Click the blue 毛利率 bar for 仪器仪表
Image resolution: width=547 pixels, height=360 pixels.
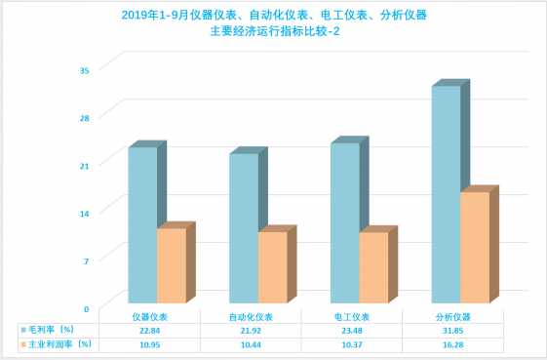pyautogui.click(x=142, y=224)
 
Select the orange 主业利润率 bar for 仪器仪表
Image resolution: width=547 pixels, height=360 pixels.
pyautogui.click(x=172, y=265)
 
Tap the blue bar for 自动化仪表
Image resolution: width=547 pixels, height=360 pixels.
pyautogui.click(x=244, y=228)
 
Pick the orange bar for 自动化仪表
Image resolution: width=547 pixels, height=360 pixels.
pyautogui.click(x=273, y=267)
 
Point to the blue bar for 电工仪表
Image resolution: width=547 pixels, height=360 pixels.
pyautogui.click(x=345, y=222)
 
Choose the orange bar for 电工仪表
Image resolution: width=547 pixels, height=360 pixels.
pyautogui.click(x=374, y=267)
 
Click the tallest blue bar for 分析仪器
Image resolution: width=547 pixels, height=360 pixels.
pyautogui.click(x=447, y=194)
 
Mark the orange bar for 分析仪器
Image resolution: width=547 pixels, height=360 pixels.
pyautogui.click(x=475, y=247)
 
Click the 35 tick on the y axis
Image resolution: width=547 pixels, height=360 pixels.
pyautogui.click(x=85, y=70)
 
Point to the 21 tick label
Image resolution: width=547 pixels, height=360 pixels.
pyautogui.click(x=85, y=166)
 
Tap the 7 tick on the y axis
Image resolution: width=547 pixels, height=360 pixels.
pyautogui.click(x=86, y=261)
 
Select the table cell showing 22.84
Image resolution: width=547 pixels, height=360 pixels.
pyautogui.click(x=149, y=331)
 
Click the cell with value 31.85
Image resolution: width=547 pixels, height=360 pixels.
pyautogui.click(x=452, y=331)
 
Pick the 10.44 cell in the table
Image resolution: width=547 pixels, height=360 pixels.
pyautogui.click(x=251, y=345)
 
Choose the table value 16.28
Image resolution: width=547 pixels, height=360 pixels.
pyautogui.click(x=452, y=345)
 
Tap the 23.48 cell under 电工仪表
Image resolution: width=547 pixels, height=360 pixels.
pyautogui.click(x=352, y=331)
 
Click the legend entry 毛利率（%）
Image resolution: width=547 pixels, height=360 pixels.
pyautogui.click(x=48, y=330)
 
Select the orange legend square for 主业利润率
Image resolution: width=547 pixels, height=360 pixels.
pyautogui.click(x=23, y=344)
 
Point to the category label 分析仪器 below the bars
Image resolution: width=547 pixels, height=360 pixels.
pyautogui.click(x=452, y=317)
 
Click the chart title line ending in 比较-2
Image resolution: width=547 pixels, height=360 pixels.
pyautogui.click(x=275, y=31)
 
